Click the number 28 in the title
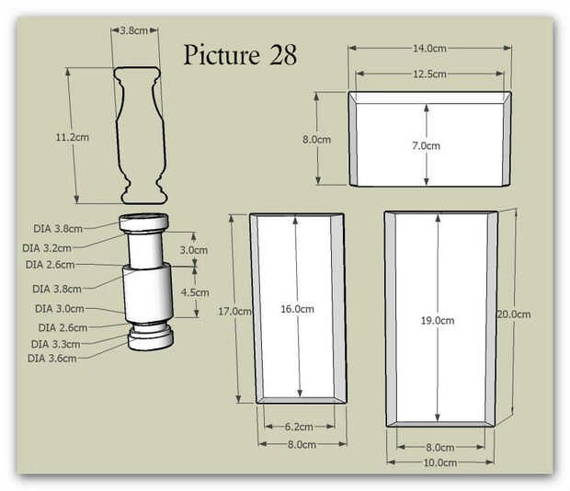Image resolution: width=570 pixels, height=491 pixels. (x=283, y=55)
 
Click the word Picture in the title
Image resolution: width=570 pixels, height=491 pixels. (x=222, y=55)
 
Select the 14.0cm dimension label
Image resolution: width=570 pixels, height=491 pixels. (x=429, y=49)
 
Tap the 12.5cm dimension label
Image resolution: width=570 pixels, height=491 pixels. (x=429, y=74)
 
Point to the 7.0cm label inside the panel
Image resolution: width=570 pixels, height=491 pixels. (x=426, y=146)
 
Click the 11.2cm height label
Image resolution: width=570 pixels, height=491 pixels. (x=72, y=137)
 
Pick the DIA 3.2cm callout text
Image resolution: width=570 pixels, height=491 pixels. (x=47, y=248)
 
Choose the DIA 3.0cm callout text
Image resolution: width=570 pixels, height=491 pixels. (x=59, y=309)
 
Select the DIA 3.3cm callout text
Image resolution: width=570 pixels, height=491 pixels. (x=55, y=344)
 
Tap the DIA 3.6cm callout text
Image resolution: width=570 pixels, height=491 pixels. (x=52, y=359)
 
